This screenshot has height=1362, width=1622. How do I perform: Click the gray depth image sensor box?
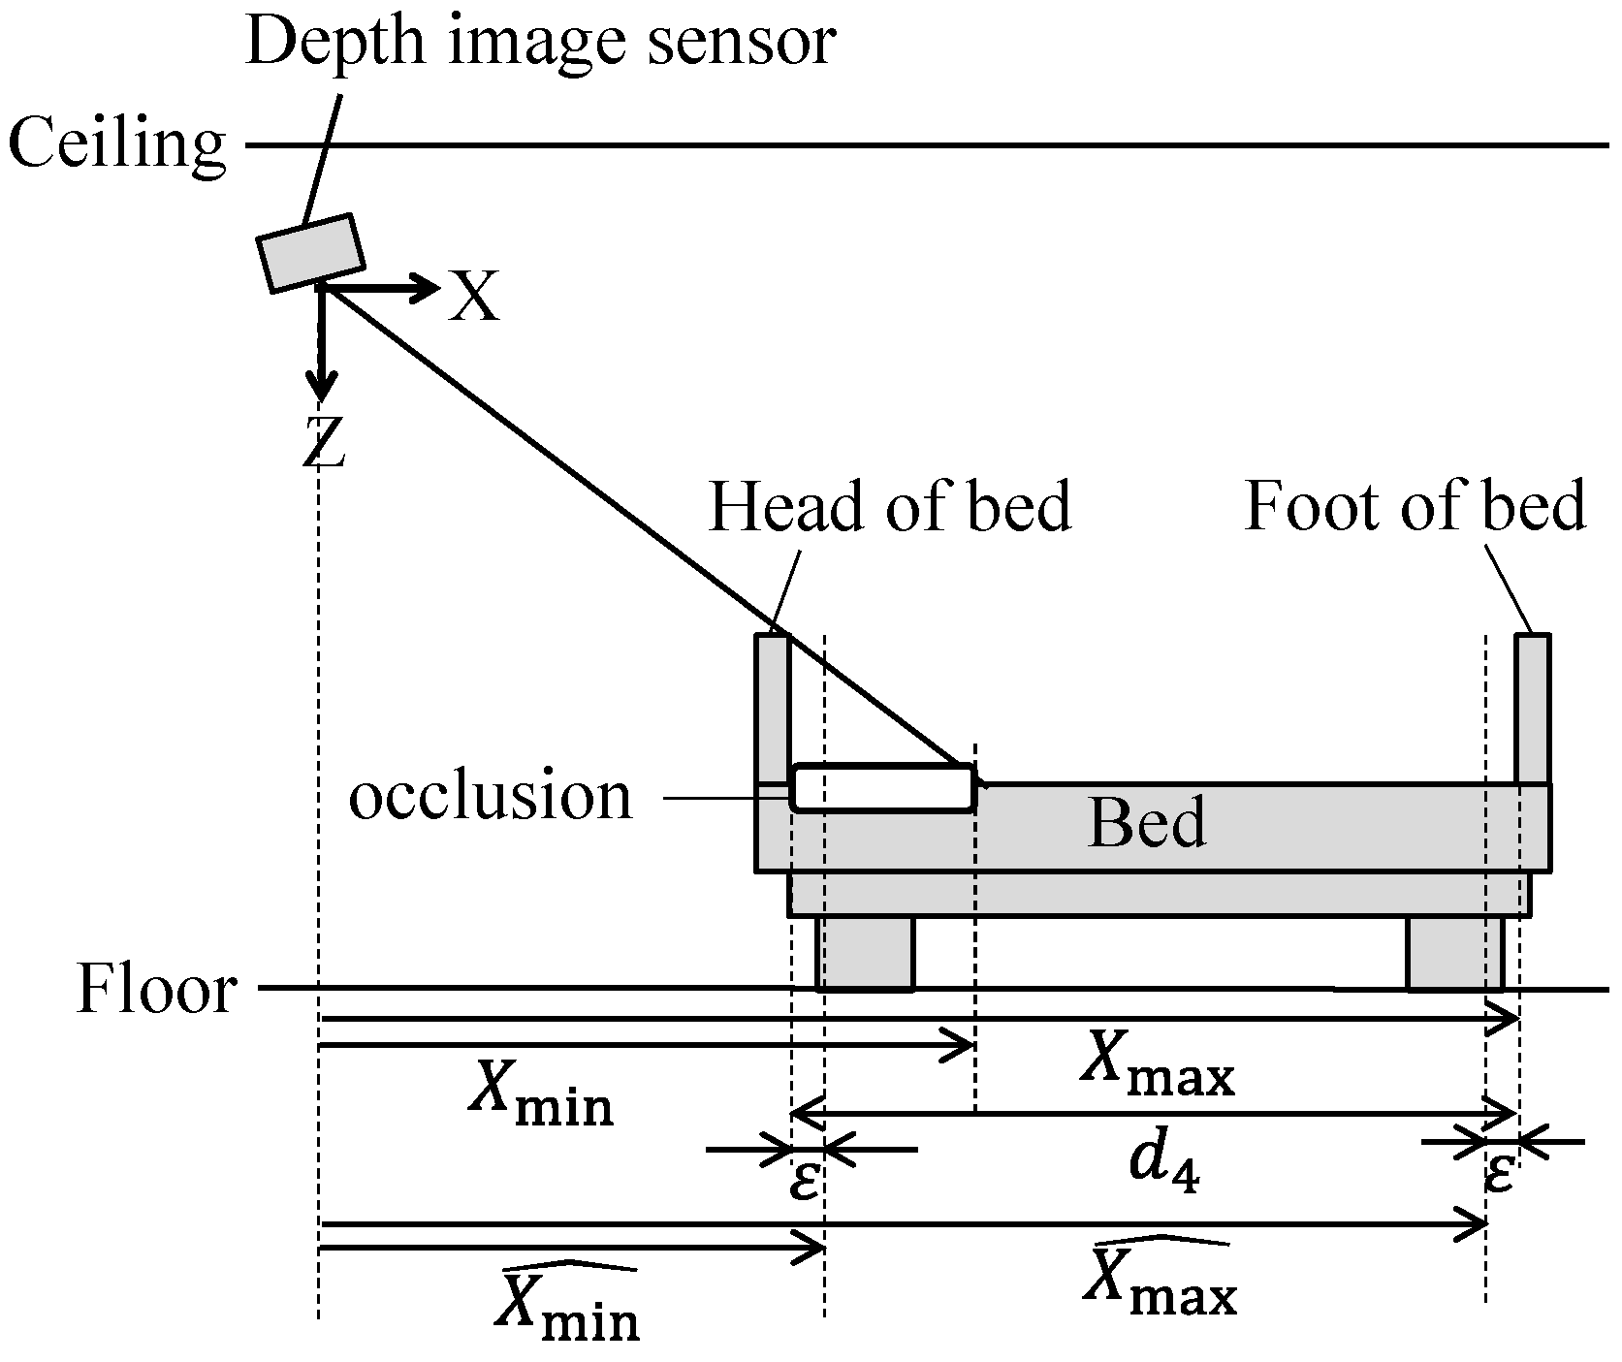click(x=310, y=253)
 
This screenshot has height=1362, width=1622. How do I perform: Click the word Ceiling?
click(x=116, y=145)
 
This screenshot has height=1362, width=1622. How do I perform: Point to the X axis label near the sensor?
click(x=474, y=296)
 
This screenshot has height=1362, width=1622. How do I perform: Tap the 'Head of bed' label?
click(x=889, y=506)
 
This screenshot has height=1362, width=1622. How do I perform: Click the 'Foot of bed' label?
click(x=1415, y=506)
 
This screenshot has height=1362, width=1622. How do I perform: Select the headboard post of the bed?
click(x=773, y=708)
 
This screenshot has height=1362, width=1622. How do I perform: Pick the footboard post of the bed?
click(x=1533, y=708)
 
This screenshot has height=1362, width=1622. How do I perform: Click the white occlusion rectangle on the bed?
click(x=881, y=787)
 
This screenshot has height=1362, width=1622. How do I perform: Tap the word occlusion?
click(x=490, y=797)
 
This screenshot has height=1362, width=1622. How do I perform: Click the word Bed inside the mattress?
click(x=1147, y=824)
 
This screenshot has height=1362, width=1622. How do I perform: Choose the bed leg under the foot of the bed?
click(x=1454, y=953)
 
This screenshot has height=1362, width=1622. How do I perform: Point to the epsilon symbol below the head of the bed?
click(x=805, y=1181)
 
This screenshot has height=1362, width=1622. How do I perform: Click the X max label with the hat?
click(x=1158, y=1280)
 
